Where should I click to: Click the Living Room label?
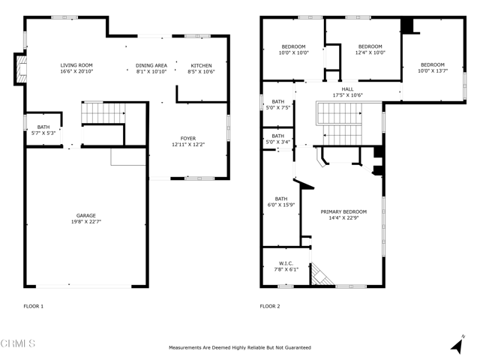(x=76, y=65)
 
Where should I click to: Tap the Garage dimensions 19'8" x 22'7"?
(x=85, y=222)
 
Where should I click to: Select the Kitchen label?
(x=201, y=65)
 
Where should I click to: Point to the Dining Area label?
(x=151, y=65)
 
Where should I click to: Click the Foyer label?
(x=188, y=138)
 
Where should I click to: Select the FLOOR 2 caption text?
(x=270, y=306)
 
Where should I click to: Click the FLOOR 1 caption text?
(x=34, y=306)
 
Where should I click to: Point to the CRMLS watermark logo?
(x=18, y=344)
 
